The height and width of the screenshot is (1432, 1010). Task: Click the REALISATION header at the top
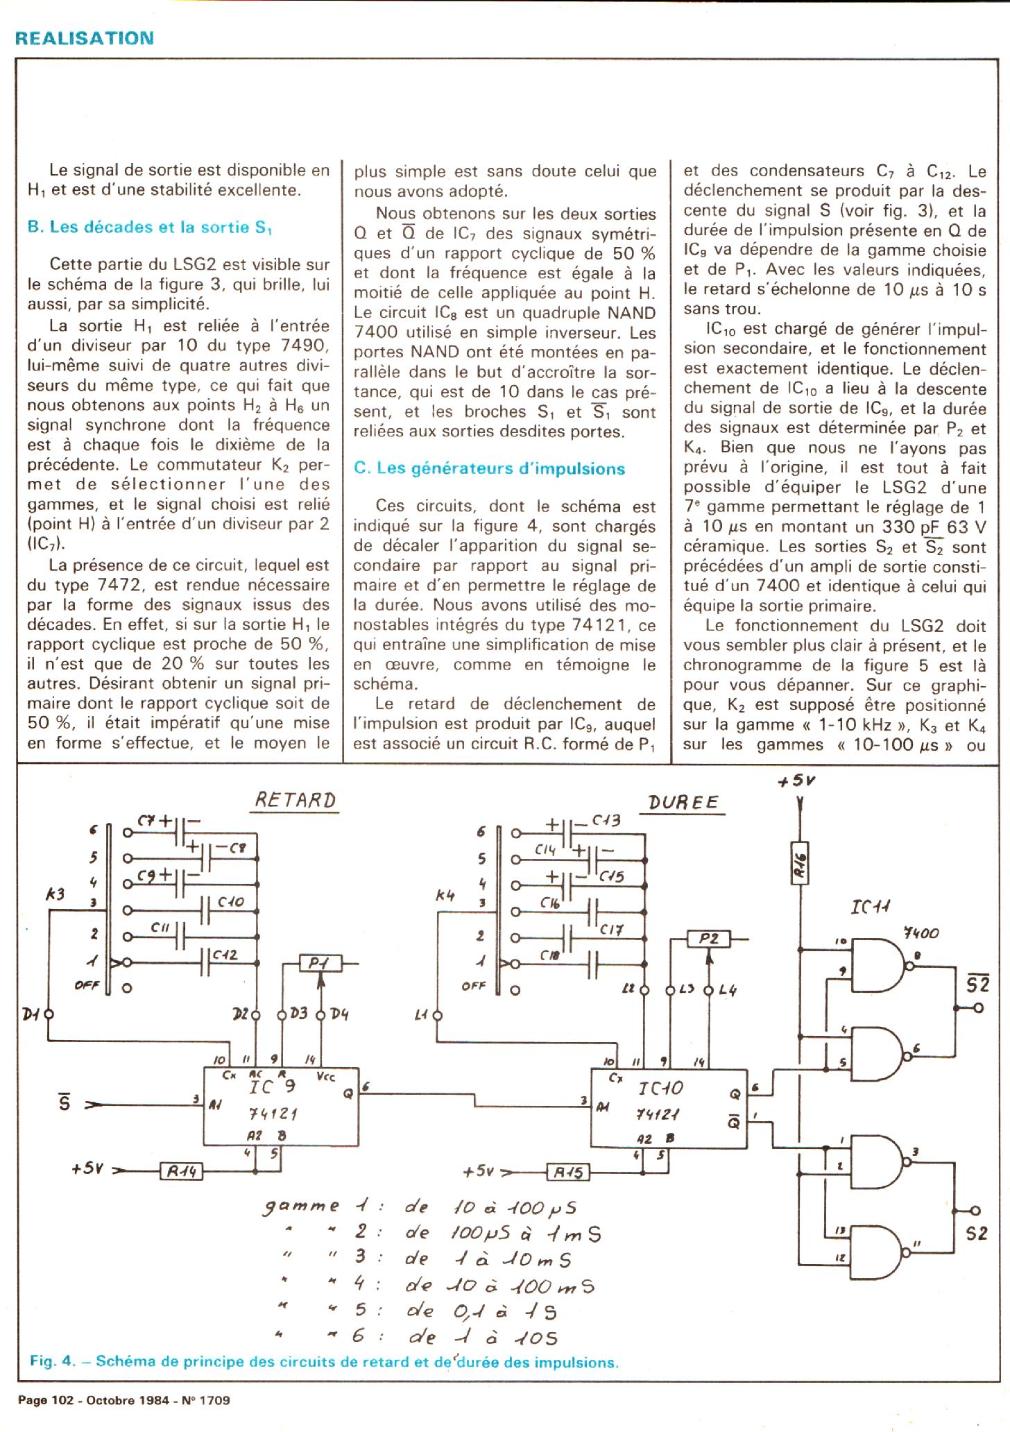(84, 38)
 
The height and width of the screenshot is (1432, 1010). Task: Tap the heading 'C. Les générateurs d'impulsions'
(489, 468)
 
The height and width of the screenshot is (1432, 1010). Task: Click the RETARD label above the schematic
(296, 800)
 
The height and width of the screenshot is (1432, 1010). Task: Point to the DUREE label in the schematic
(683, 803)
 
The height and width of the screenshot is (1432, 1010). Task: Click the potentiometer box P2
(708, 940)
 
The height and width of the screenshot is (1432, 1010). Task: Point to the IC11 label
(871, 907)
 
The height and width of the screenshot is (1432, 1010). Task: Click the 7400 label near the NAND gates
(921, 933)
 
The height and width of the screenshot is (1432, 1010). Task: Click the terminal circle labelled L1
(437, 1016)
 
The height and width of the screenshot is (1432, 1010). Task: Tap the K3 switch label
(55, 894)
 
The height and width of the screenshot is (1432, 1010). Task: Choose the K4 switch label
(445, 896)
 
